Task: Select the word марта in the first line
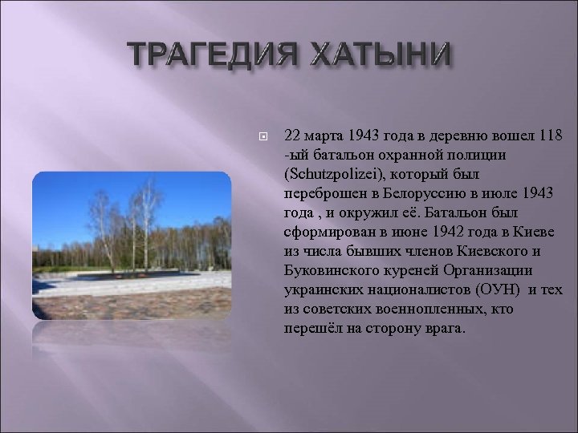pos(320,133)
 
